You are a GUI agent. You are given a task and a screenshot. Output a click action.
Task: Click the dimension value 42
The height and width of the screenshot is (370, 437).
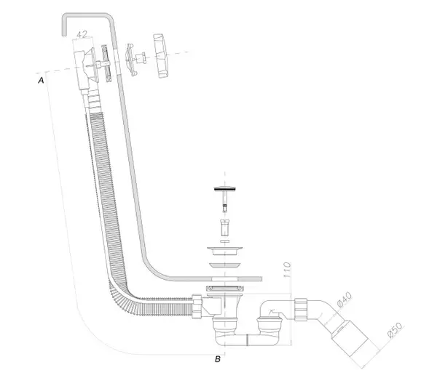pos(82,34)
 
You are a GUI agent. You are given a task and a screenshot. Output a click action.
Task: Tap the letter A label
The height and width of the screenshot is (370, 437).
pos(41,81)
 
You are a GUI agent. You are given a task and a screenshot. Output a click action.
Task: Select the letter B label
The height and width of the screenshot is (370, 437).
pos(218,359)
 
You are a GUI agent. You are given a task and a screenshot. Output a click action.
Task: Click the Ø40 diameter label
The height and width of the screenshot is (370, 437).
pos(345,299)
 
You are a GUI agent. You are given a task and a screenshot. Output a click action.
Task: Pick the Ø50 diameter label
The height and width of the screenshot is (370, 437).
pos(395,330)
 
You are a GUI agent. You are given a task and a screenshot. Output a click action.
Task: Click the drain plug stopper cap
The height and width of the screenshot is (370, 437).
pos(225,188)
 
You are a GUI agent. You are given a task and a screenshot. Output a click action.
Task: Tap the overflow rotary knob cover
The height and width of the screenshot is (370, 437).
pos(161,56)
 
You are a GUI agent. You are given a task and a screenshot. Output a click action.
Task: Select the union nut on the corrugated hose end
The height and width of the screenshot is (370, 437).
pos(197,306)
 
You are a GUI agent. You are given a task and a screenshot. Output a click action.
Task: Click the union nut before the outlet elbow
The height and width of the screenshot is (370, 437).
pos(301,310)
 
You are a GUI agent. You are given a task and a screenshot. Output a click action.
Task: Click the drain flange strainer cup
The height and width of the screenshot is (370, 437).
pos(224,251)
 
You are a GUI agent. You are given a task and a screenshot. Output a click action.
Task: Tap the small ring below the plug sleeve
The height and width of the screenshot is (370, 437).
pos(225,241)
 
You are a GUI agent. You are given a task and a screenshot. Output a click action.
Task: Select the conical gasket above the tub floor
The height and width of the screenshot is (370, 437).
pos(224,265)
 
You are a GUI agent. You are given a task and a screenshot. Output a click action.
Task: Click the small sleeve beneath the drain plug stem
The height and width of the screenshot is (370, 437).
pos(224,228)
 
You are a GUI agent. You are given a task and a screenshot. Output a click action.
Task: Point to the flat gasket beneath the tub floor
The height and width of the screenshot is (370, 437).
pos(224,288)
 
